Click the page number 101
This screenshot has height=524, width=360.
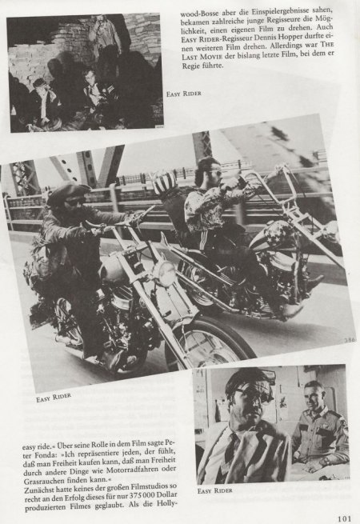(344, 518)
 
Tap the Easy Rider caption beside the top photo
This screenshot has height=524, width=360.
(184, 94)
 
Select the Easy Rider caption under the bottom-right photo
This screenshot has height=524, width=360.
(214, 490)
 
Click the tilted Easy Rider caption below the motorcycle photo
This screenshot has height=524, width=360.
(54, 398)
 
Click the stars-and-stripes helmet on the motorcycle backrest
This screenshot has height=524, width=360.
(165, 183)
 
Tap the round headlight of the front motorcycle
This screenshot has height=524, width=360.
(164, 273)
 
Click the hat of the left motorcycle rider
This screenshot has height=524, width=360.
(68, 191)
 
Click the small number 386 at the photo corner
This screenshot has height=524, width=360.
(350, 340)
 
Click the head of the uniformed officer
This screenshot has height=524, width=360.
(315, 396)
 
